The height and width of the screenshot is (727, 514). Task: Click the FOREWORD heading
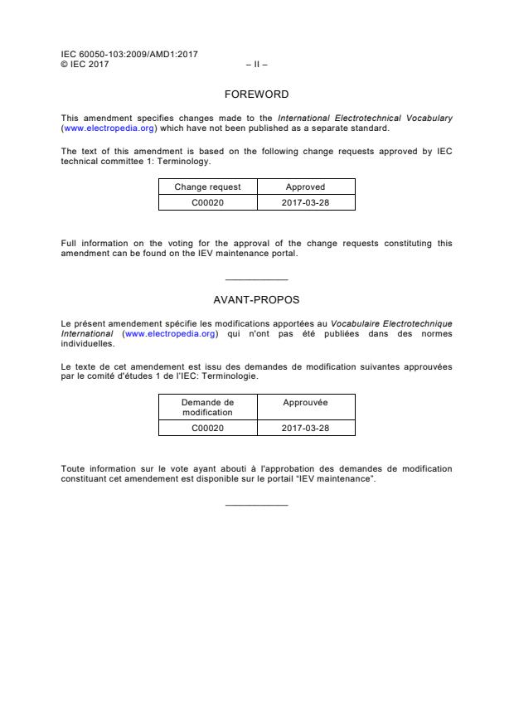pyautogui.click(x=256, y=95)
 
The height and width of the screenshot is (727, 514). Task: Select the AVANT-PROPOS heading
pyautogui.click(x=256, y=299)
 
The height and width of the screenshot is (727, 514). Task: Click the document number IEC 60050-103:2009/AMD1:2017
pyautogui.click(x=129, y=55)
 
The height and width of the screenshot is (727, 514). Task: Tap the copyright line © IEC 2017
pyautogui.click(x=85, y=64)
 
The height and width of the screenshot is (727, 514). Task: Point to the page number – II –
pyautogui.click(x=256, y=64)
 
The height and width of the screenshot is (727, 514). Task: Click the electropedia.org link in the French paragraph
pyautogui.click(x=170, y=333)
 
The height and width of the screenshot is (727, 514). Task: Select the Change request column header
pyautogui.click(x=207, y=187)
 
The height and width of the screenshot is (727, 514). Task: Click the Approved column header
pyautogui.click(x=305, y=187)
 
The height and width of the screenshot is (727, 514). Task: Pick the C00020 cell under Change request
pyautogui.click(x=207, y=202)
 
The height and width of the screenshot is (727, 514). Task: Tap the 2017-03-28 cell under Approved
pyautogui.click(x=305, y=202)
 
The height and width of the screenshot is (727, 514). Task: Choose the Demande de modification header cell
pyautogui.click(x=207, y=407)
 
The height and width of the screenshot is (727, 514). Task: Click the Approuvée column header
pyautogui.click(x=305, y=402)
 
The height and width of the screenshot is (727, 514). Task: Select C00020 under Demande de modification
pyautogui.click(x=207, y=428)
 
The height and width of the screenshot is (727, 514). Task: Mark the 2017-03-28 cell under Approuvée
pyautogui.click(x=305, y=428)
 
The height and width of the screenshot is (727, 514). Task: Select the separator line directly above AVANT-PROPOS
pyautogui.click(x=256, y=279)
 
